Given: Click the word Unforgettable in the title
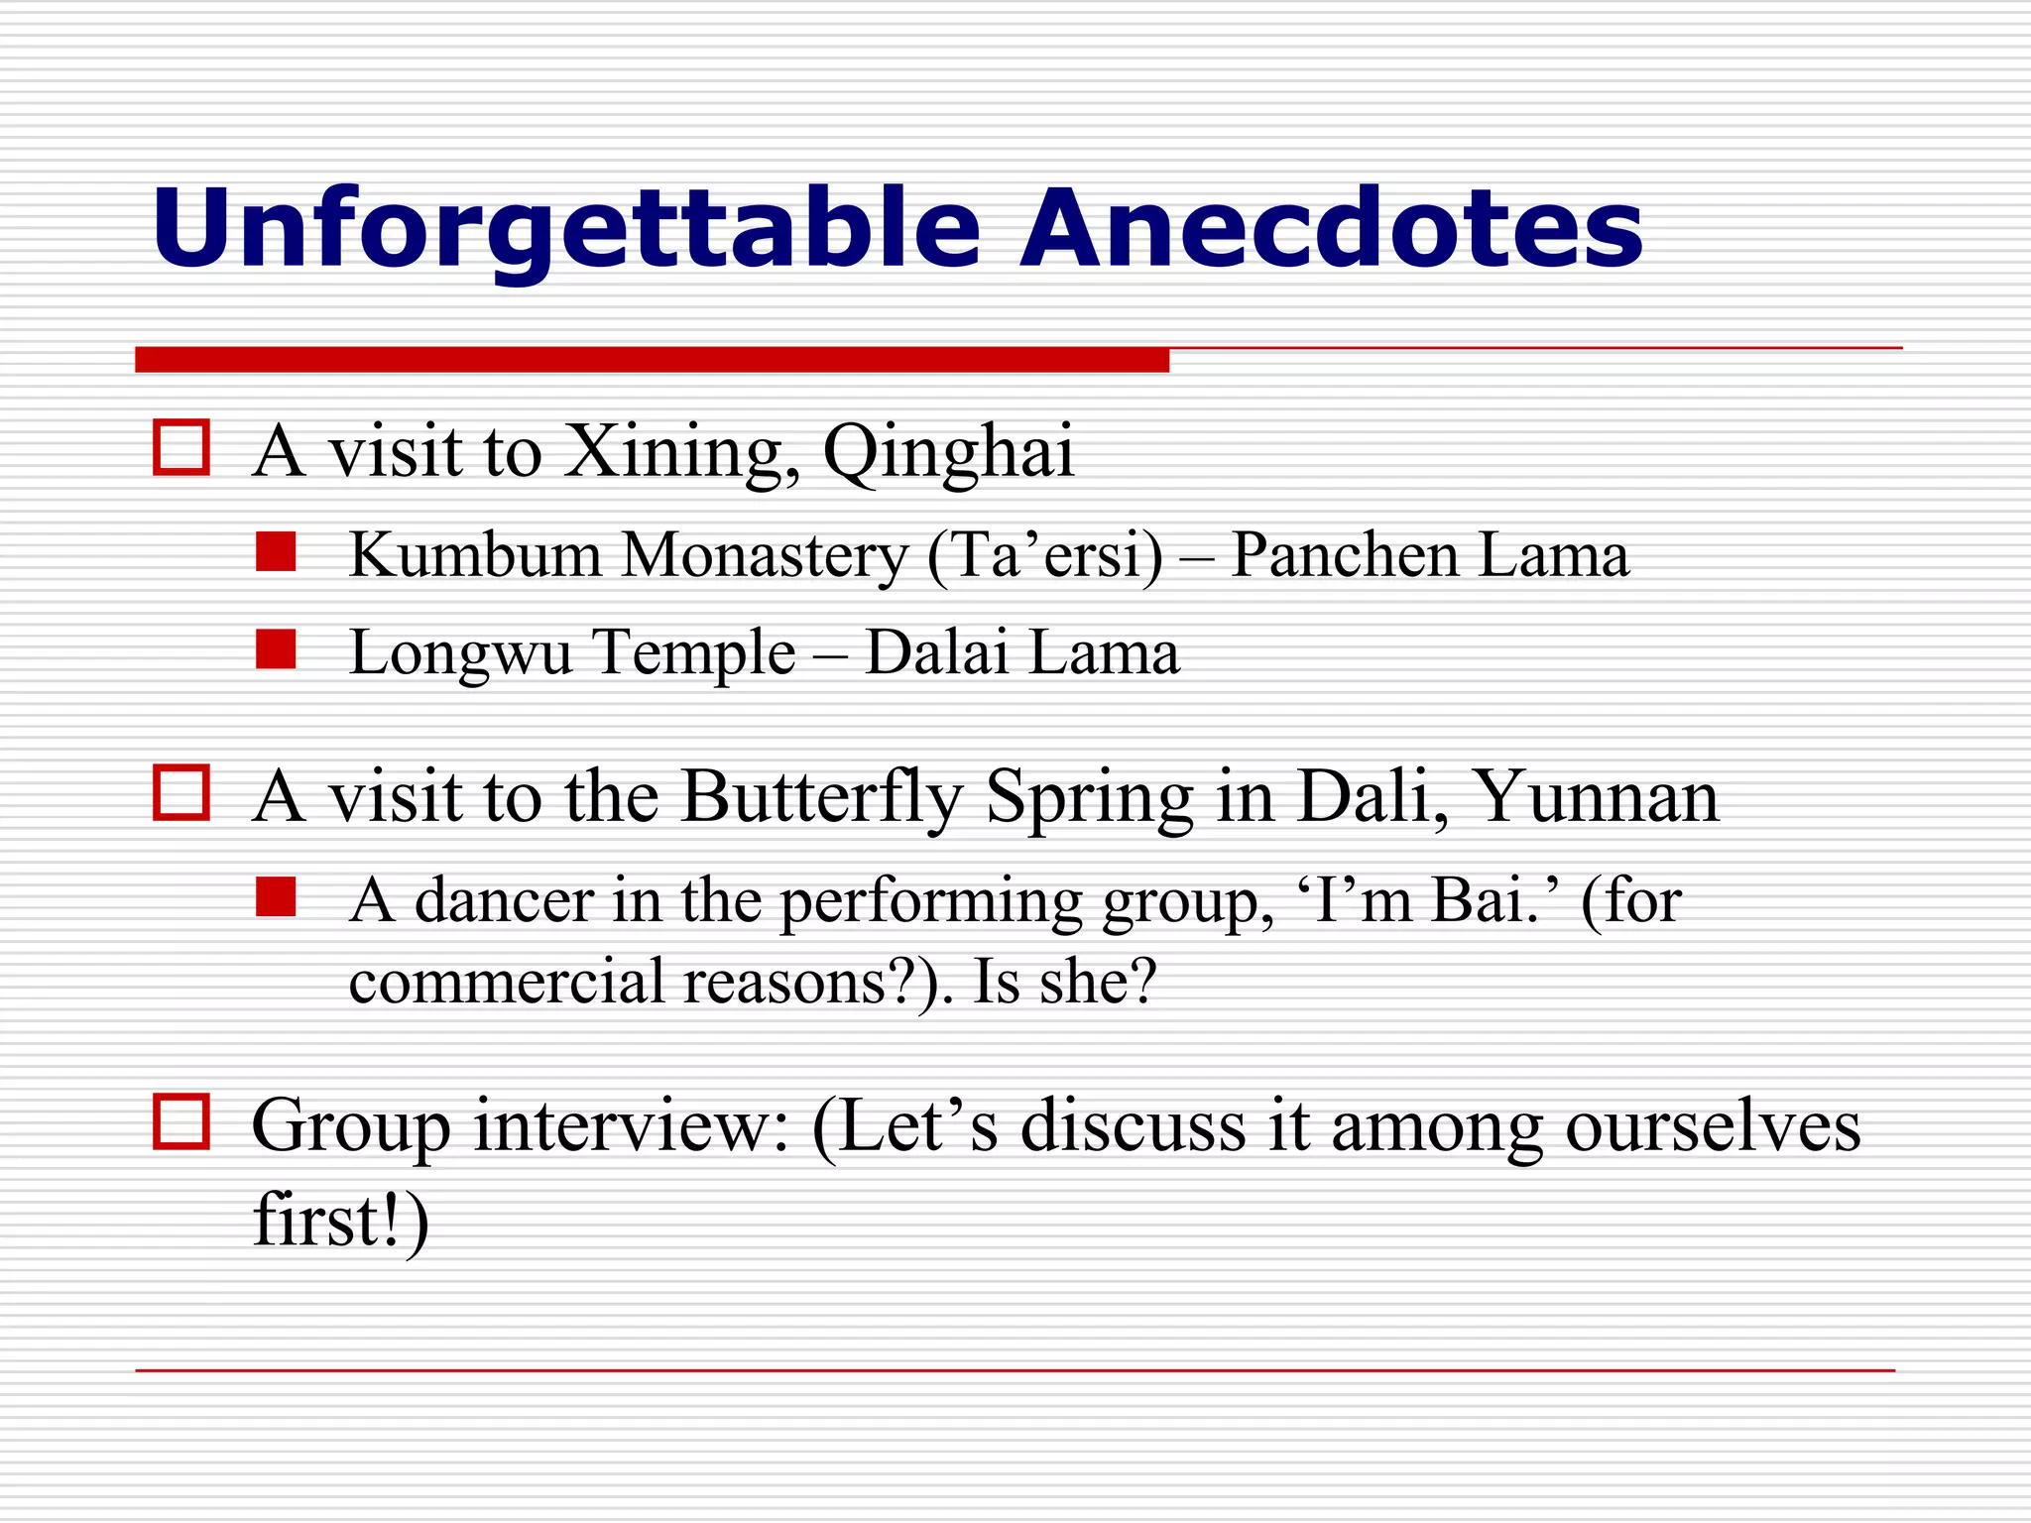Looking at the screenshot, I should tap(565, 230).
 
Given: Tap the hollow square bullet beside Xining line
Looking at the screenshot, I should tap(181, 448).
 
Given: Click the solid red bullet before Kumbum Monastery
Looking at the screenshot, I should tap(276, 552).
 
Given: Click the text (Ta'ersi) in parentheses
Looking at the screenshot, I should tap(1045, 556).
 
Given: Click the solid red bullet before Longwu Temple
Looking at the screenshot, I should tap(276, 649).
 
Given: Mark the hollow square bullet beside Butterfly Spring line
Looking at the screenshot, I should tap(181, 793).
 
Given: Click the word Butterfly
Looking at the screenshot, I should tap(821, 798).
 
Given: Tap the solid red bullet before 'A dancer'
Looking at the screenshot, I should tap(276, 896).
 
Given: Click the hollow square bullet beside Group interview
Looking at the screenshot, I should tap(181, 1122).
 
